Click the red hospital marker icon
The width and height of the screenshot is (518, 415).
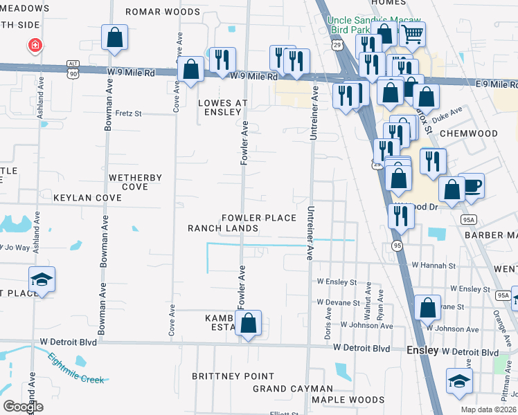coord(34,46)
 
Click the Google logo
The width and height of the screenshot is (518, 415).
coord(23,407)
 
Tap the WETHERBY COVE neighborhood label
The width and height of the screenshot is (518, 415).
coord(135,182)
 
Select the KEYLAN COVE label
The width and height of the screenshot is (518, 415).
coord(87,198)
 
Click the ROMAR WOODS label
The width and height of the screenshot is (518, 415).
coord(163,12)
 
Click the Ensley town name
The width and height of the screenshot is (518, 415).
coord(422,350)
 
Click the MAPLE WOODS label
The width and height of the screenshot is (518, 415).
coord(348,400)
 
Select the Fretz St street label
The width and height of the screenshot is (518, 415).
coord(128,113)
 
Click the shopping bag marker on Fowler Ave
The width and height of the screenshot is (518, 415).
coord(248,322)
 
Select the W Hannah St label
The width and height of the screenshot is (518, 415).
coord(434,265)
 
